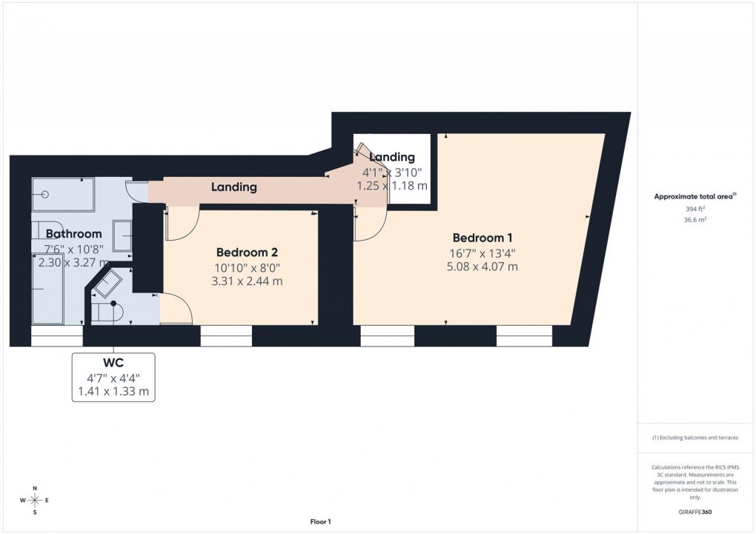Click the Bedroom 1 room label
click(483, 238)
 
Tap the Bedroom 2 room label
click(247, 252)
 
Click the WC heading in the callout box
click(113, 364)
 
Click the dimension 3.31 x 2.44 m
click(248, 281)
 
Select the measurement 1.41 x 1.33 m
click(113, 391)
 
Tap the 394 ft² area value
click(695, 210)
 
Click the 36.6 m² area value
click(695, 220)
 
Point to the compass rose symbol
click(34, 501)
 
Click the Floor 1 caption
click(320, 522)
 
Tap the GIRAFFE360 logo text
click(695, 512)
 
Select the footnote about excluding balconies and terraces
click(695, 438)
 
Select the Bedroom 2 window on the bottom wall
click(226, 336)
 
